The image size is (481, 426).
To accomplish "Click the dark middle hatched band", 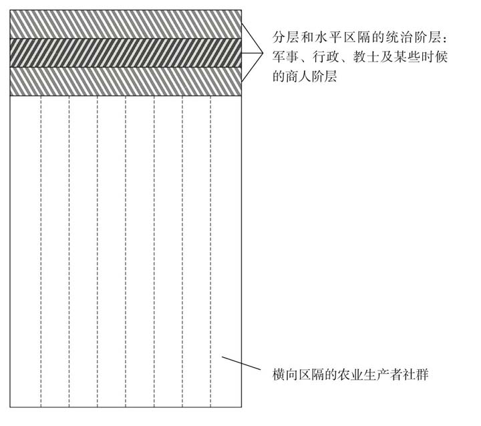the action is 126,53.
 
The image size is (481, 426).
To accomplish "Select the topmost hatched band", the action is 126,24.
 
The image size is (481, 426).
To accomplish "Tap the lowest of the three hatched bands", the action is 126,82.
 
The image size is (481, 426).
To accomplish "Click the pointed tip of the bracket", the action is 263,53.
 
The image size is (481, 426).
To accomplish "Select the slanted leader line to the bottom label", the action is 241,362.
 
